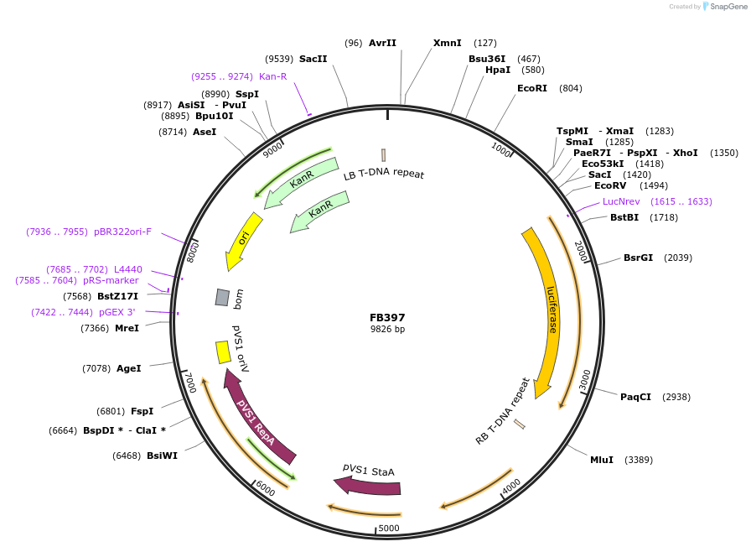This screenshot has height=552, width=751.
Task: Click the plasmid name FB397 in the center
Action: tap(387, 318)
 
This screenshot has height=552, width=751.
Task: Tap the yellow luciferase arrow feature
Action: tap(549, 310)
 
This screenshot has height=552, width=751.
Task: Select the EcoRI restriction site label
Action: tap(531, 88)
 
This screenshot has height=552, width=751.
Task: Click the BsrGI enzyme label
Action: tap(638, 258)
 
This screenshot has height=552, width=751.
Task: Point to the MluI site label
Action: tap(602, 460)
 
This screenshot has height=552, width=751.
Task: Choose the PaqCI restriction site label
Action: tap(635, 397)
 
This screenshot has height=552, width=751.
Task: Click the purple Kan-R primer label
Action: tap(272, 76)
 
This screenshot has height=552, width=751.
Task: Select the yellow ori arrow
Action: tap(243, 239)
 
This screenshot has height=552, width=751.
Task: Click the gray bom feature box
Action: tap(222, 297)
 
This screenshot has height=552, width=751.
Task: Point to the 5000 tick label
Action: tap(389, 529)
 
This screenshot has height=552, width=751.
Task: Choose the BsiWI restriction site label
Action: tap(162, 456)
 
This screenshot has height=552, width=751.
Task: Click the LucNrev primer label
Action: tap(621, 201)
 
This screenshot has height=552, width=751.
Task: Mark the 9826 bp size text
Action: tap(387, 330)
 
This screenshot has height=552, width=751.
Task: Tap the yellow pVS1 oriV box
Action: tap(223, 352)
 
